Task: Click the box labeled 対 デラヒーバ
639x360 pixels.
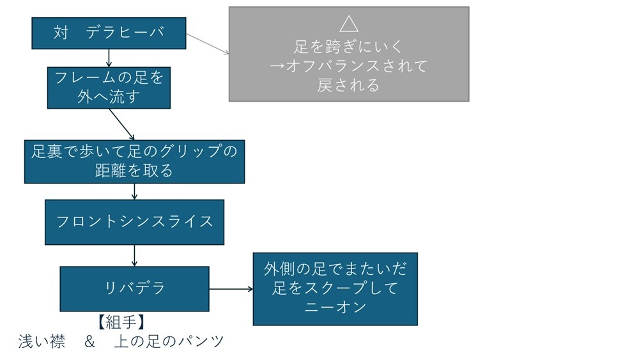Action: tap(109, 33)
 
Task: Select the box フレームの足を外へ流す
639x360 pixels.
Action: tap(109, 88)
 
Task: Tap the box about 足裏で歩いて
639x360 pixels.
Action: tap(134, 162)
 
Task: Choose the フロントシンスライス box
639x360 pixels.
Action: tap(134, 222)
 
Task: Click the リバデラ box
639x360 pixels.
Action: tap(134, 288)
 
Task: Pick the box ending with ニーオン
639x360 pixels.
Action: tap(335, 288)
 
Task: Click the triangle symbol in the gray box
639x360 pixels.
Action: tap(349, 24)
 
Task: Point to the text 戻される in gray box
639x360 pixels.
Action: tap(349, 85)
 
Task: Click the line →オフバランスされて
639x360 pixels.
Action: tap(349, 66)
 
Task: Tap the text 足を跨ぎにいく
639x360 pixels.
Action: tap(349, 47)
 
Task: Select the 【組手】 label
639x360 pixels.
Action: tap(121, 322)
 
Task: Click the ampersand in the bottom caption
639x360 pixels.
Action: tap(89, 341)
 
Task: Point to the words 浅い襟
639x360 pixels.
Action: tap(42, 341)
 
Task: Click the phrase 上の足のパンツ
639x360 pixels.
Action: tap(169, 341)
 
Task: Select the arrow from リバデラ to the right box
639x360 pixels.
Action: tap(231, 289)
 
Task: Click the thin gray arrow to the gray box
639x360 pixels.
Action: tap(208, 43)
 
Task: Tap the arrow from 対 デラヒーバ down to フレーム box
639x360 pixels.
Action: tap(109, 58)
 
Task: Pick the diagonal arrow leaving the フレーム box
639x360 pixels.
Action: tap(122, 124)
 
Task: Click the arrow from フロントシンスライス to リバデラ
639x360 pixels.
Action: tap(134, 255)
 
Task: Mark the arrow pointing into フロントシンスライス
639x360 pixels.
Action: tap(134, 191)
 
